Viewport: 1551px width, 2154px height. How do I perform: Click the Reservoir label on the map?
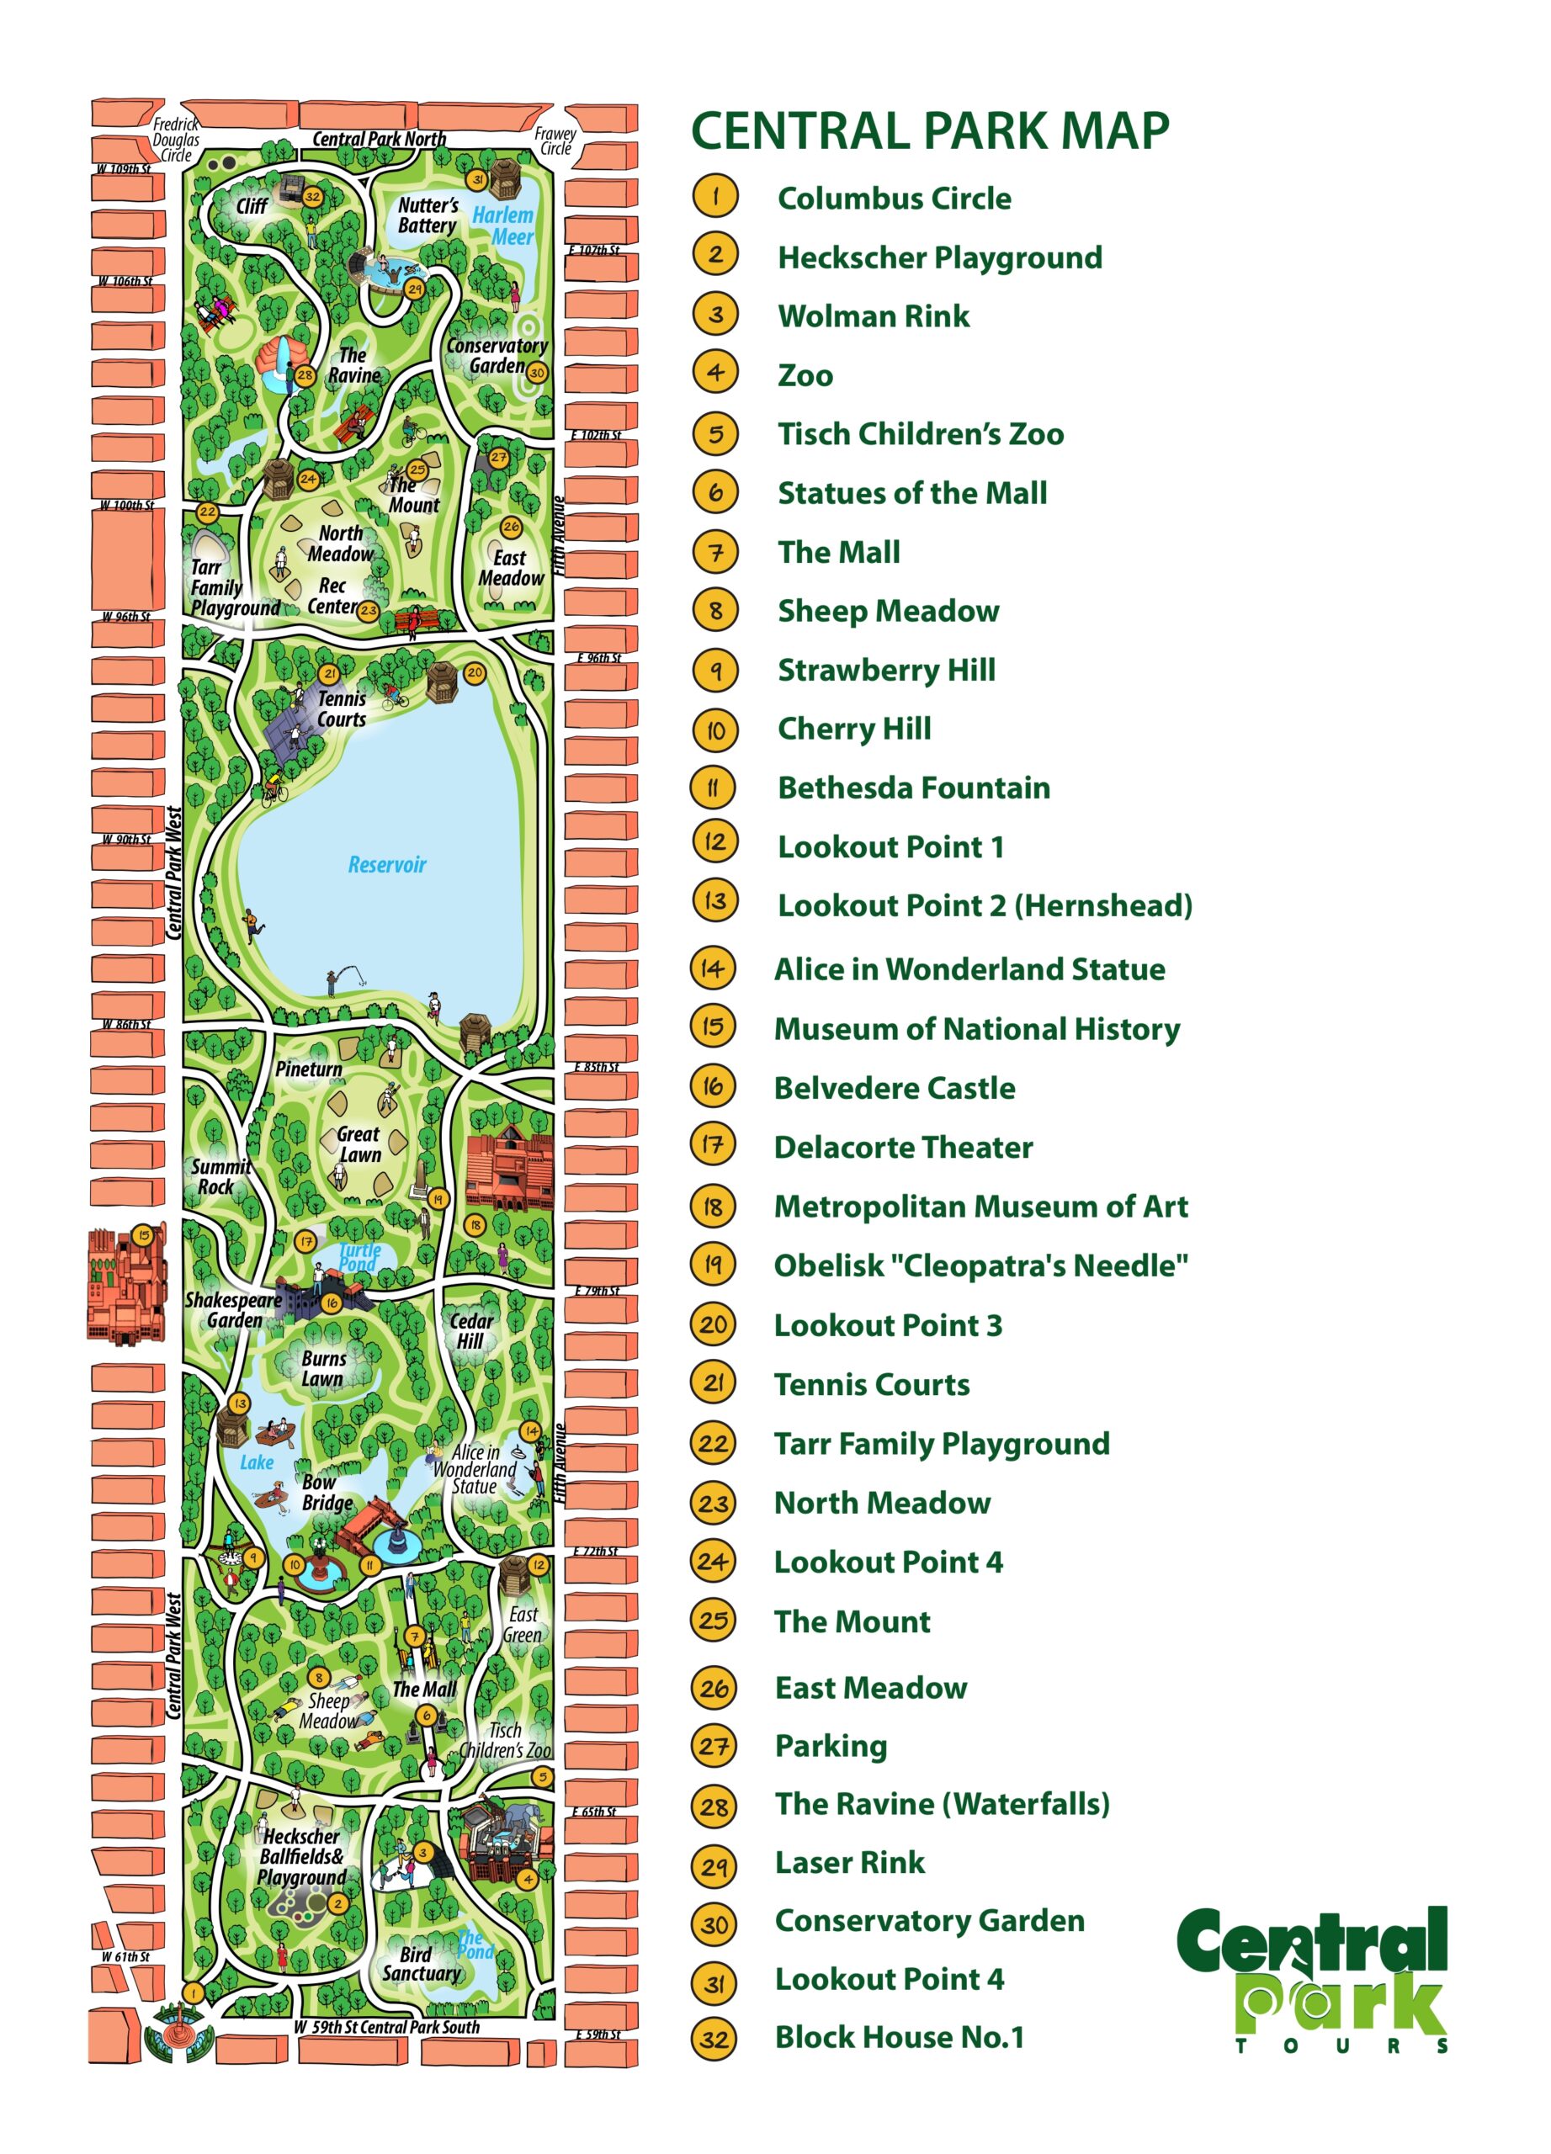[386, 864]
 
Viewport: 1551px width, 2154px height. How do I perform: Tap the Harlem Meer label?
[503, 226]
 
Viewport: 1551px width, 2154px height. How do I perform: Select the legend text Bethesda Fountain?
[914, 788]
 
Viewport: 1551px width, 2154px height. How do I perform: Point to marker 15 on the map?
[143, 1234]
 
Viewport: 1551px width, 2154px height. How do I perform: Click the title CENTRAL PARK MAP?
[930, 131]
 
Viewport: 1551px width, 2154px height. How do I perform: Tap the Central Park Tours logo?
[1313, 1978]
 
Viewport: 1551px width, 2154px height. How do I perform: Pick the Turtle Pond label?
[360, 1257]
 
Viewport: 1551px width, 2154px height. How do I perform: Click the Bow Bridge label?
[327, 1492]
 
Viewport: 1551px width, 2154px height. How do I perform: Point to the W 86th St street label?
[127, 1024]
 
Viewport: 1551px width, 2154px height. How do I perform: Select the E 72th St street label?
[596, 1551]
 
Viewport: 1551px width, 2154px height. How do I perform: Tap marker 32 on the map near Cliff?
[312, 198]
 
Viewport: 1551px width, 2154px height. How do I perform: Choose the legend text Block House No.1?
[900, 2036]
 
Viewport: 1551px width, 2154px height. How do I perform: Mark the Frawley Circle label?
[555, 141]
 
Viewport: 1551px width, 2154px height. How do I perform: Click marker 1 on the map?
[193, 1992]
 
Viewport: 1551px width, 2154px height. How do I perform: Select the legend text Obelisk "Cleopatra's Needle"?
[980, 1265]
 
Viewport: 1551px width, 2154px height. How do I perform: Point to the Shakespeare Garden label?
[234, 1310]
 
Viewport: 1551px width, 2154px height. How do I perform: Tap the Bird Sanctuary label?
[421, 1964]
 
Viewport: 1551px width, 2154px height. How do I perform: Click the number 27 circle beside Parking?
[714, 1746]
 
